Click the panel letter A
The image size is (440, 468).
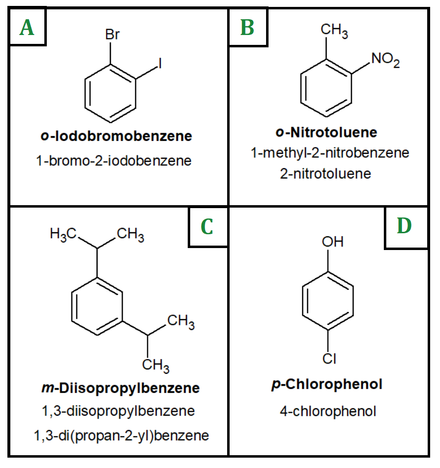27,28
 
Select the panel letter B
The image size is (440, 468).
247,28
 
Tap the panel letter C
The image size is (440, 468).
207,226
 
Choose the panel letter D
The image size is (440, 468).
404,225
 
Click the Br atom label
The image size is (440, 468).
112,35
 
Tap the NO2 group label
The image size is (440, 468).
386,60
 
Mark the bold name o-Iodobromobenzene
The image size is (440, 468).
116,136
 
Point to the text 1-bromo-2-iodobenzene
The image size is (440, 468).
113,161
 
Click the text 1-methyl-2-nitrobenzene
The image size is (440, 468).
330,153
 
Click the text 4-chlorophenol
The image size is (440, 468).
328,411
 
